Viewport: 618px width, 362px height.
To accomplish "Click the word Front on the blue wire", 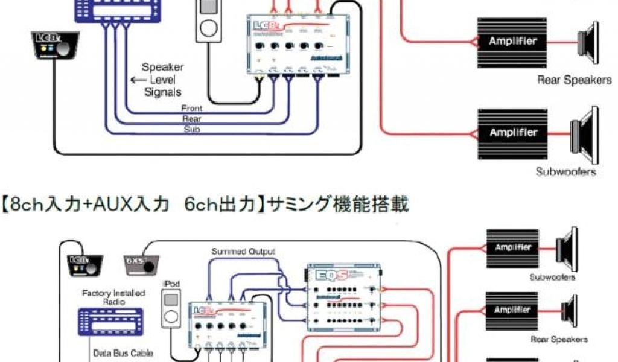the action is tap(192, 109).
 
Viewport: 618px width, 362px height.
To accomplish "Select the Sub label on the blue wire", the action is tap(192, 130).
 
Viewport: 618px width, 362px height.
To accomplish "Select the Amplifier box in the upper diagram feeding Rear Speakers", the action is tap(514, 42).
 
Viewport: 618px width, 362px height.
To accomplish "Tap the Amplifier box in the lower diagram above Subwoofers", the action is tap(514, 247).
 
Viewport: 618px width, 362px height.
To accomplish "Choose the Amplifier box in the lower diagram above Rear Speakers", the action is tap(514, 310).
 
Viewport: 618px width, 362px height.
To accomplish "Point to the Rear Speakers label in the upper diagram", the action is tap(574, 80).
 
